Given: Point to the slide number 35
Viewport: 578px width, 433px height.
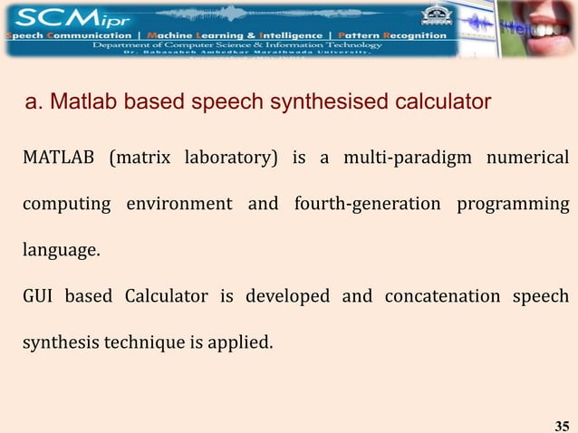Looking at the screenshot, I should point(561,424).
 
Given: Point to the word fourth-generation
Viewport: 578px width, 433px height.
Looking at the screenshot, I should point(367,204).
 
